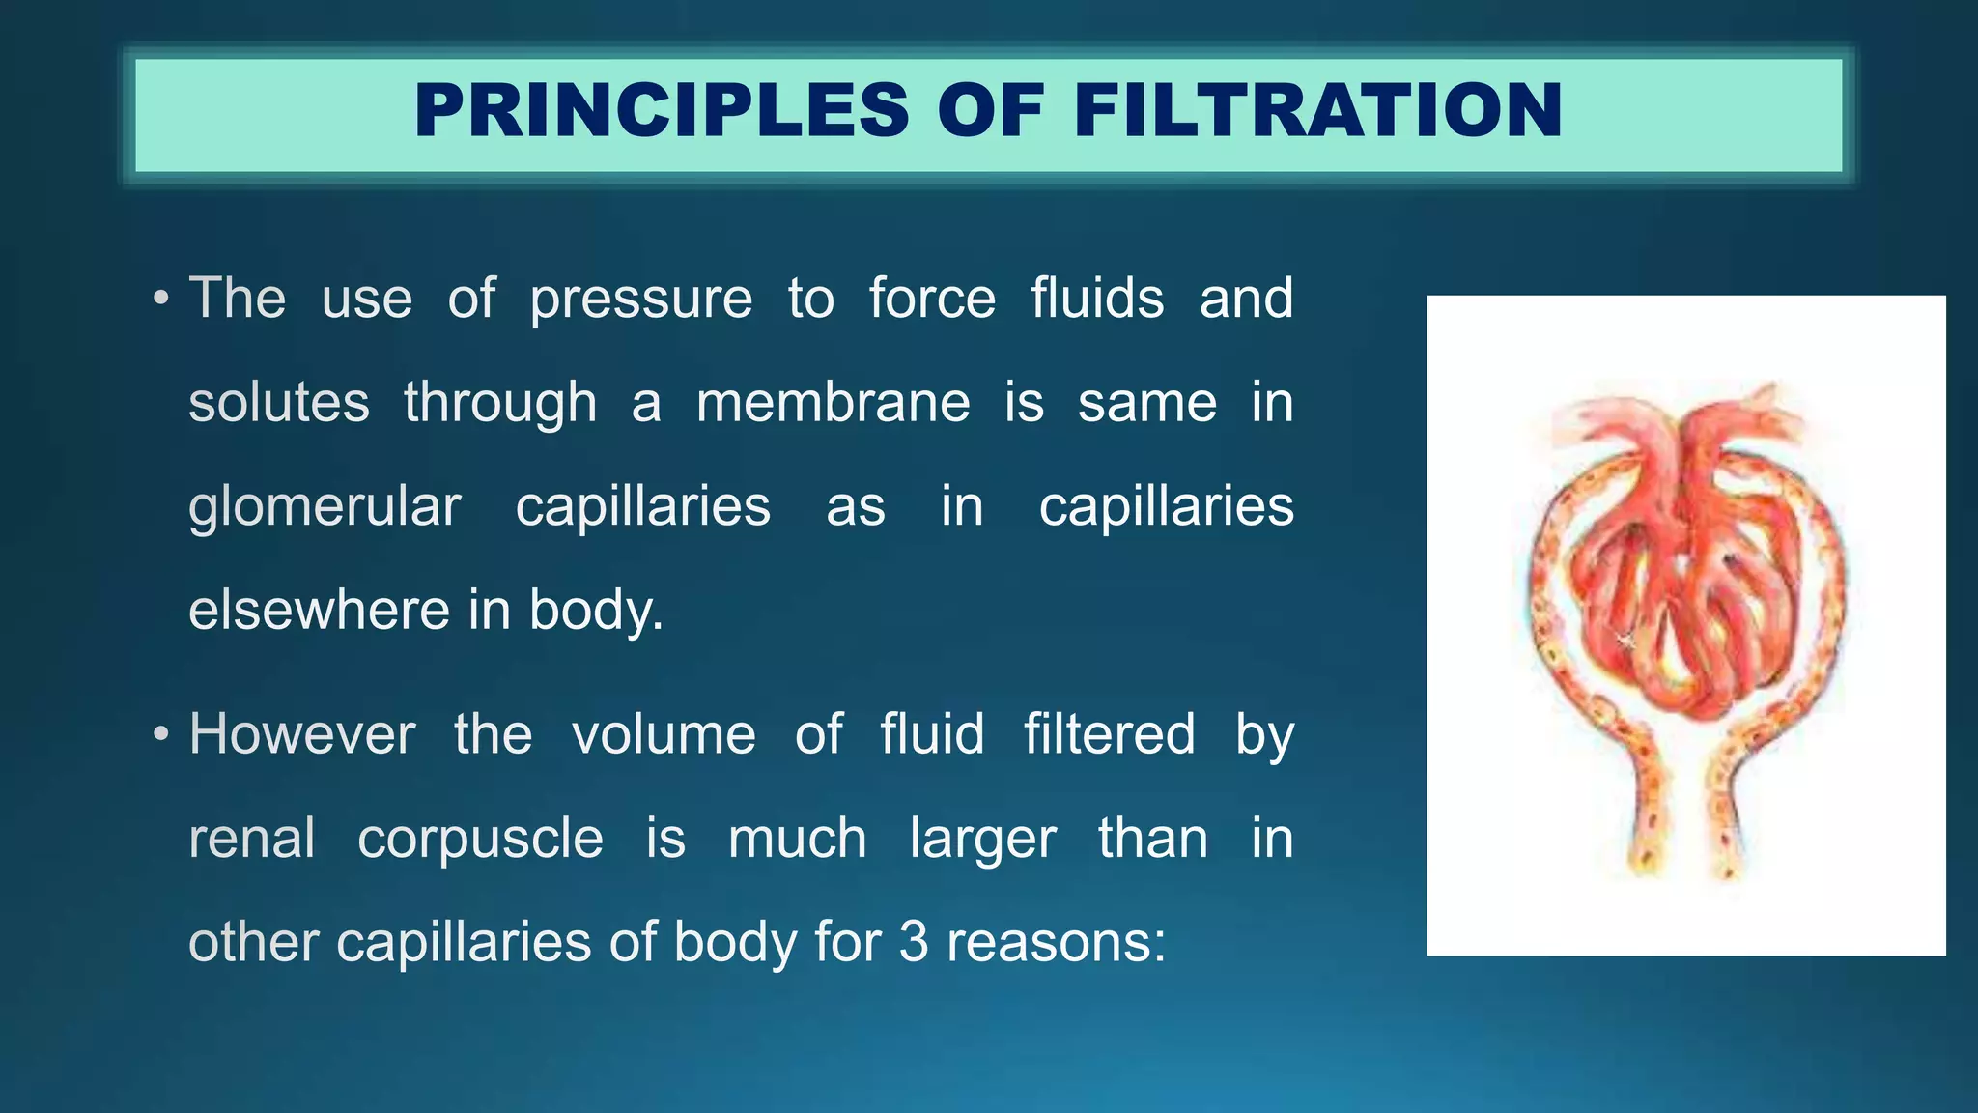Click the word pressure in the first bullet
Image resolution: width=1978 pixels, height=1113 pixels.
tap(640, 299)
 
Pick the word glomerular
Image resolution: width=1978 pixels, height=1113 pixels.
tap(325, 507)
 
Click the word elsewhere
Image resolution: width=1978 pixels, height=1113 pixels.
tap(318, 611)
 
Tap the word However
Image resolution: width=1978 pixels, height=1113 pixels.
tap(302, 734)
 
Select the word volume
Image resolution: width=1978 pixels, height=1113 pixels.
tap(664, 734)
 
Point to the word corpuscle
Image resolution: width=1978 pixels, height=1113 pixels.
tap(480, 838)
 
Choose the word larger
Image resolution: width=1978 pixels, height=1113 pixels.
tap(982, 840)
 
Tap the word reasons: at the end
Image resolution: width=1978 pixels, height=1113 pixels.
tap(1057, 942)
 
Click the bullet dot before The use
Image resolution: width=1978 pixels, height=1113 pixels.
tap(161, 299)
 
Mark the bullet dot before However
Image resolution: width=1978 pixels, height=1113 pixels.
tap(161, 734)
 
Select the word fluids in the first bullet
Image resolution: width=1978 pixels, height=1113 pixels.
tap(1097, 299)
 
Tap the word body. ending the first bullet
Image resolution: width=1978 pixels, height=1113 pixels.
tap(596, 612)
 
